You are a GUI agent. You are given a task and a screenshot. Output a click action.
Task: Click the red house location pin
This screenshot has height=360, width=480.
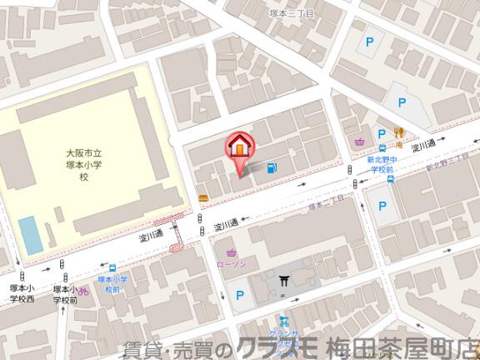[239, 147]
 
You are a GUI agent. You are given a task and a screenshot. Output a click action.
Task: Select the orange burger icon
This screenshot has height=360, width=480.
[203, 197]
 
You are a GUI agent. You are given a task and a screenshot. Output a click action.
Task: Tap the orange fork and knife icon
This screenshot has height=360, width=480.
[399, 132]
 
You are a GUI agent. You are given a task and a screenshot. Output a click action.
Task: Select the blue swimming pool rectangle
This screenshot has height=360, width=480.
[30, 235]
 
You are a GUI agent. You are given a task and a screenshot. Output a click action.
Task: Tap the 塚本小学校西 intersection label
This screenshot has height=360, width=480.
[22, 293]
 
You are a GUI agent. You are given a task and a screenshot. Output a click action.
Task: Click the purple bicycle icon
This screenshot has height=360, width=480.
[83, 291]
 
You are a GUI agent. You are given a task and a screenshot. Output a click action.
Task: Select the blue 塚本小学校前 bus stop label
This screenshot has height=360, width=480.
[112, 284]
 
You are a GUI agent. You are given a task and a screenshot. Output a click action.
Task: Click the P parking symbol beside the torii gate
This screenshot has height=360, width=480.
[240, 294]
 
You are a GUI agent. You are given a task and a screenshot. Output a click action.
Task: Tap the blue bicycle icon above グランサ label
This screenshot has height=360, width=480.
[284, 321]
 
